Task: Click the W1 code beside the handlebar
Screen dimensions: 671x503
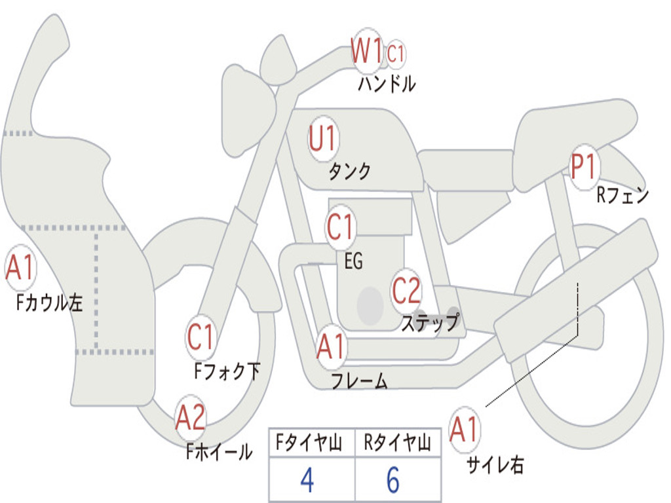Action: tap(367, 51)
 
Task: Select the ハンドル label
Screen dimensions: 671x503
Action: tap(387, 84)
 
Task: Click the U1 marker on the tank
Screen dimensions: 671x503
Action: tap(322, 139)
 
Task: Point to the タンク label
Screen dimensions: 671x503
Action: tap(349, 172)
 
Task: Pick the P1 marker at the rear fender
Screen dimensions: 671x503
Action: tap(583, 167)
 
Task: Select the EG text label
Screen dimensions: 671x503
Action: tap(353, 261)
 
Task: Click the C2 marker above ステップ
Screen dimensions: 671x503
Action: tap(406, 290)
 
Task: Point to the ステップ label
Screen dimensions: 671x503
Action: tap(430, 322)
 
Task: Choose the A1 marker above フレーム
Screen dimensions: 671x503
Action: tap(331, 346)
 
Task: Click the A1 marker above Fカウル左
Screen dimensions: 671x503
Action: tap(20, 269)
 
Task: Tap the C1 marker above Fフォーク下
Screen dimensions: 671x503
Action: tap(201, 337)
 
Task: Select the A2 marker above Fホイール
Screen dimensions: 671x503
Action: tap(191, 417)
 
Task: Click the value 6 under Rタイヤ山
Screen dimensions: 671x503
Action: tap(393, 480)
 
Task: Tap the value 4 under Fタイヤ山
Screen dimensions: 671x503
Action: tap(307, 480)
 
